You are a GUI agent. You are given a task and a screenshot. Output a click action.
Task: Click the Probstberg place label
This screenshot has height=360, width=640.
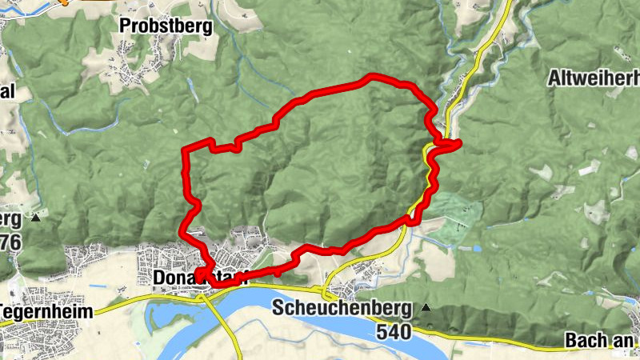tap(166, 26)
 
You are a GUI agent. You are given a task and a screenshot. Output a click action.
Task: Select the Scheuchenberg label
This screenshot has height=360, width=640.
tap(342, 308)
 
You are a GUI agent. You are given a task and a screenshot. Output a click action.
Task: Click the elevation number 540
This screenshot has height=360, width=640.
tap(393, 330)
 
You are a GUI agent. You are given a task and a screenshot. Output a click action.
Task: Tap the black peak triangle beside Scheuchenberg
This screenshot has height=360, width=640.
tap(426, 307)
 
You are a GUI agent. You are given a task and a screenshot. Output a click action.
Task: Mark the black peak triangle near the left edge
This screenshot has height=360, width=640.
tap(36, 217)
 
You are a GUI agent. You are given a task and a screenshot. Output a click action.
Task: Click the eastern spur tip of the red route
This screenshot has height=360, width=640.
tap(459, 143)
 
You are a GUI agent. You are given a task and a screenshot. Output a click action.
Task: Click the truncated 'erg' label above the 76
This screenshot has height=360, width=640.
tap(10, 218)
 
